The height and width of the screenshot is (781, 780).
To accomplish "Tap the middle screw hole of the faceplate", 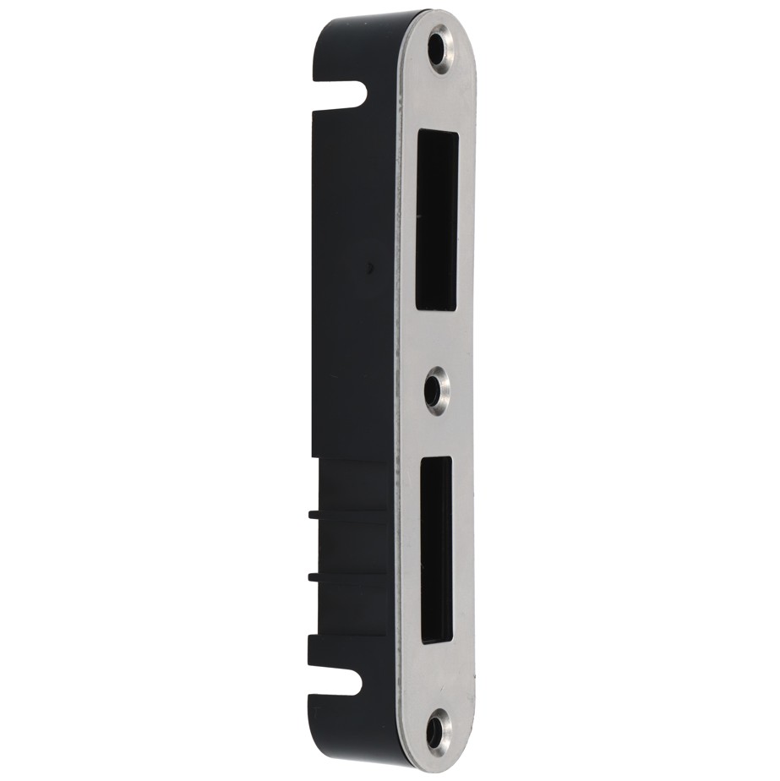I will tap(435, 390).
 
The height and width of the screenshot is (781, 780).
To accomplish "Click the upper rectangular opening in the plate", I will tap(437, 221).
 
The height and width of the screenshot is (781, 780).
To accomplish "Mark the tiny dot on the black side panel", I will tap(369, 267).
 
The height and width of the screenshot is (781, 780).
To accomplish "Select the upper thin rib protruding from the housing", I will tap(314, 512).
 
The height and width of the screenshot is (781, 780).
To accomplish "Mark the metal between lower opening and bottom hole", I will tap(437, 676).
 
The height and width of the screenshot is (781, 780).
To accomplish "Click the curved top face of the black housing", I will tap(372, 20).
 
